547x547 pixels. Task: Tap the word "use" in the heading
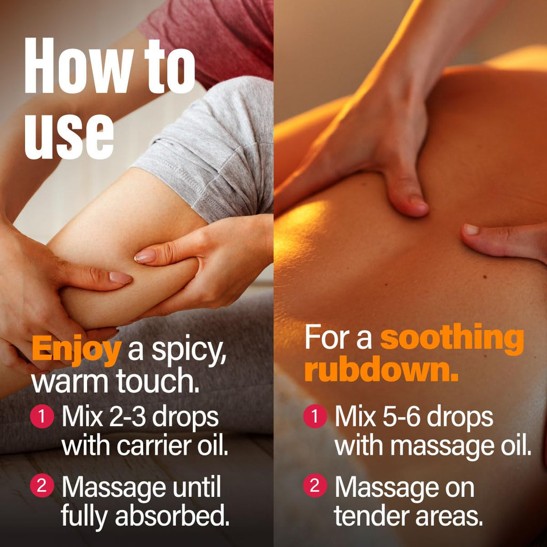click(69, 136)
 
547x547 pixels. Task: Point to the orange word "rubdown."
click(381, 369)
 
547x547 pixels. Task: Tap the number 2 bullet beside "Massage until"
click(42, 485)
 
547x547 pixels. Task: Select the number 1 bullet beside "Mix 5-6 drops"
click(315, 416)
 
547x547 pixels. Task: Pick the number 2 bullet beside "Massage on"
click(315, 485)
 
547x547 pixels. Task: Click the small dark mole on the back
click(485, 277)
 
